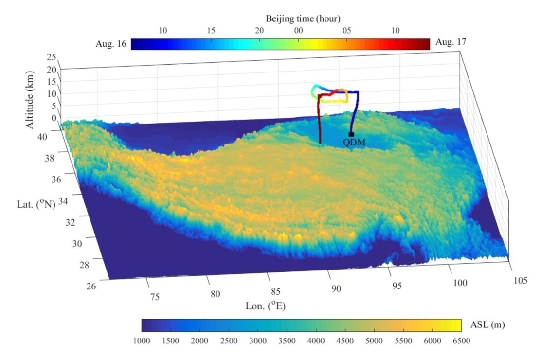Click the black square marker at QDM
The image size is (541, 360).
(x=351, y=134)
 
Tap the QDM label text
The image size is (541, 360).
(x=354, y=142)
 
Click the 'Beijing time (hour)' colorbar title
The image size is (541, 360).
(x=303, y=18)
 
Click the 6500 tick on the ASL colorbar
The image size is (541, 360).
(x=460, y=341)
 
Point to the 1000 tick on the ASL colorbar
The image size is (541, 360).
(x=142, y=341)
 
